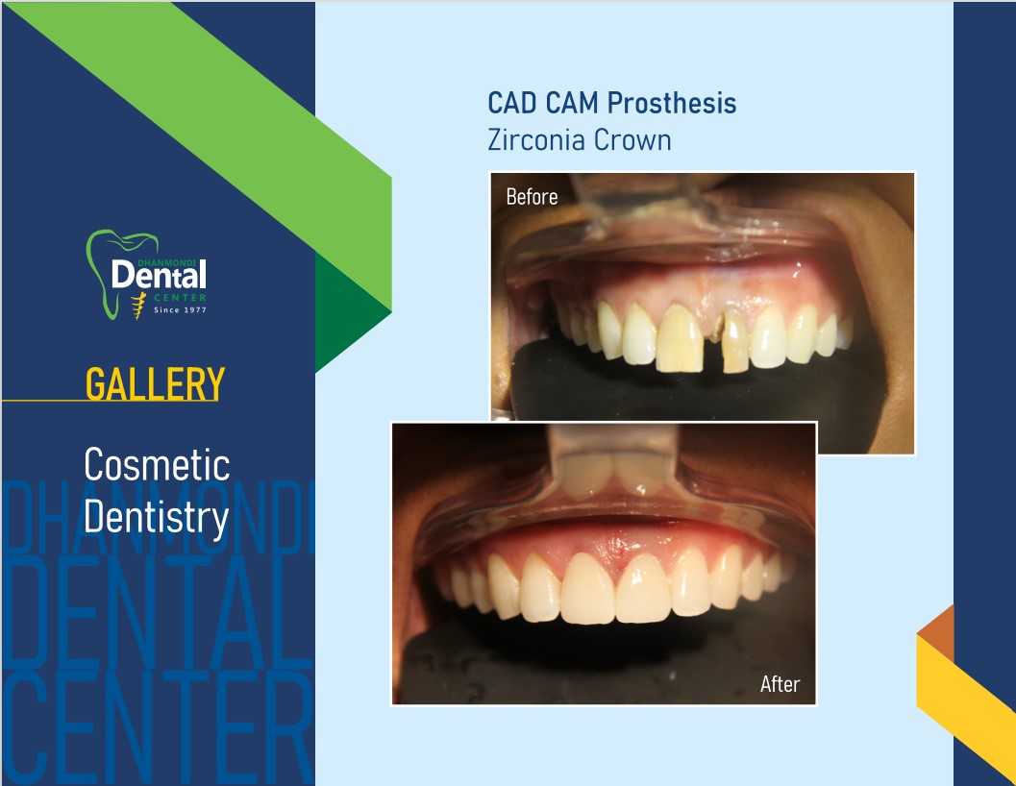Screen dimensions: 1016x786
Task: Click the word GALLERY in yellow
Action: [x=155, y=384]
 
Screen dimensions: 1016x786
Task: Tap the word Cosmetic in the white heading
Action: [x=157, y=465]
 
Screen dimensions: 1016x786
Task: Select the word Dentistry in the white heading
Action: [x=156, y=518]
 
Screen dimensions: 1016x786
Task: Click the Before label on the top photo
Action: [x=532, y=196]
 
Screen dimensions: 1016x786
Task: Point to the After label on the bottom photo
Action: [x=780, y=683]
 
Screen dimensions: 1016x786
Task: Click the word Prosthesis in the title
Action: [x=672, y=103]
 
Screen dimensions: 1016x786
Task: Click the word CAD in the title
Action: [x=512, y=103]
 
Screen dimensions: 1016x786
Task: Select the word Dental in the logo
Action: [x=159, y=275]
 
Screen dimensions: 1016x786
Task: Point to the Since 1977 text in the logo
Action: [x=180, y=309]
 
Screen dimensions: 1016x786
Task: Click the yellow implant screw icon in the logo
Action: [x=138, y=306]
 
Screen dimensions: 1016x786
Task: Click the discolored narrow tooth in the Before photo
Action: [x=734, y=342]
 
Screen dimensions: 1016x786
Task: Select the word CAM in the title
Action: [x=572, y=103]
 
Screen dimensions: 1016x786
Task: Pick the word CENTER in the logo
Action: [x=180, y=298]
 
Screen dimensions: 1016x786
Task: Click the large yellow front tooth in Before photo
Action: [x=679, y=338]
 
